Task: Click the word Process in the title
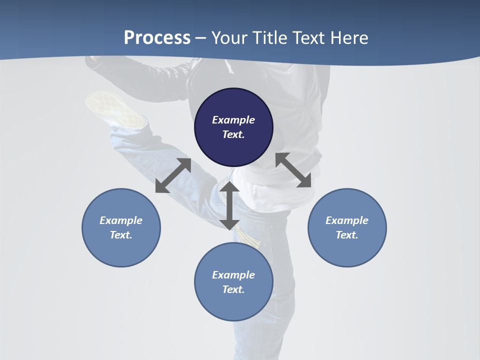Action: click(157, 38)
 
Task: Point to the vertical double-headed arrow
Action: click(229, 205)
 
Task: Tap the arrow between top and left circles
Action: click(173, 175)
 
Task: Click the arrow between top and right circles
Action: click(293, 170)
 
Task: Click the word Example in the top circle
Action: click(233, 120)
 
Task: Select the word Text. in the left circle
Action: click(121, 235)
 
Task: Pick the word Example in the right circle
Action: click(347, 220)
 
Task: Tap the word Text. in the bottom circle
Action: click(233, 289)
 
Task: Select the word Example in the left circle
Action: click(121, 220)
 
